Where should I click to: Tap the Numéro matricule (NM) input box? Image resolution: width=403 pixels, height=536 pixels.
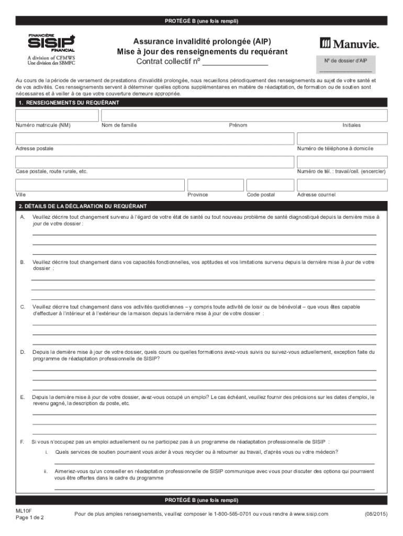pos(57,115)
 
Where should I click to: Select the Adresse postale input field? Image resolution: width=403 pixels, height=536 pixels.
pos(154,138)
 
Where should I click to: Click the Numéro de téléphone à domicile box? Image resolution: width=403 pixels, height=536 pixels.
pos(342,138)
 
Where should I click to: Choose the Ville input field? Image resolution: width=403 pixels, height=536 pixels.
pos(100,185)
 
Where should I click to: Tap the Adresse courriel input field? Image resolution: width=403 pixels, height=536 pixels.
pos(342,185)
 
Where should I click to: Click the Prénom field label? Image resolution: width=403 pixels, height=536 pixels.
pos(238,125)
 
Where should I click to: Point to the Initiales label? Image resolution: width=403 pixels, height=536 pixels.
pos(351,125)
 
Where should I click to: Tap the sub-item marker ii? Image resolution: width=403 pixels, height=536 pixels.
pos(46,471)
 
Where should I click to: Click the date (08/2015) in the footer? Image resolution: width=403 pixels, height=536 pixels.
pos(375,515)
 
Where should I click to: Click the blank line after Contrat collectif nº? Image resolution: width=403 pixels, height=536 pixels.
pos(235,62)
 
